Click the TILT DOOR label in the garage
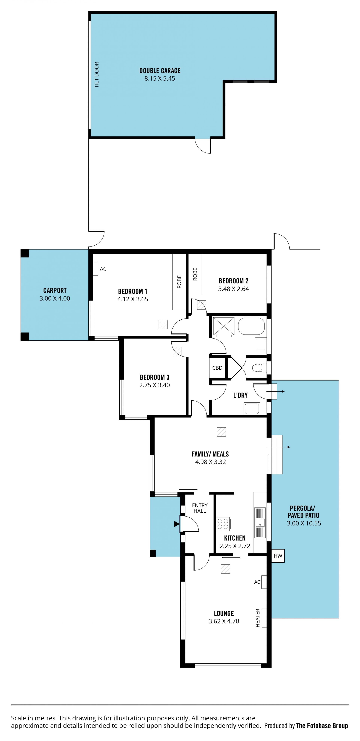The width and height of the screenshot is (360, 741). pos(97,75)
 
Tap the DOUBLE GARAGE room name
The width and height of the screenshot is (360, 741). pos(160,71)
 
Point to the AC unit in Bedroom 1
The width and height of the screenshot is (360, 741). pos(96,269)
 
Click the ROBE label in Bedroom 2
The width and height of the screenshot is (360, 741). pos(195,274)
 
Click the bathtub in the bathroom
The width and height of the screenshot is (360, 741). pos(251,326)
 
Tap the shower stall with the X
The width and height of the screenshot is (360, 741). pos(224,327)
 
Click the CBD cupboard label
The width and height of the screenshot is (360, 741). pos(217,368)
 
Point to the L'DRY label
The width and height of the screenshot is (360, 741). pos(240,395)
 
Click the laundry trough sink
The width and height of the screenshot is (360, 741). pos(252,408)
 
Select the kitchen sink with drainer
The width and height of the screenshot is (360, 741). pos(260,523)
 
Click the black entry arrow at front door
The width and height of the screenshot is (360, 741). pos(177,524)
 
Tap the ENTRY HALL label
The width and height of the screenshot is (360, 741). pos(200,508)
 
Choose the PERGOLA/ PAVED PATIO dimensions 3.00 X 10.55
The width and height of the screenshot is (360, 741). pos(304,523)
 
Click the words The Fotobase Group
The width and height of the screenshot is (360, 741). pos(322,726)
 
